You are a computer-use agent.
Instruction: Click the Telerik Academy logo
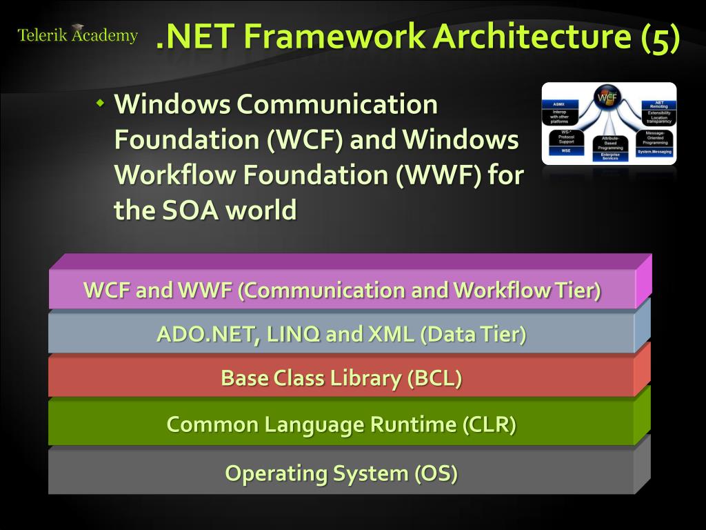point(77,35)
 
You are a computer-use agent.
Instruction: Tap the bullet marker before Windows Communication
point(100,104)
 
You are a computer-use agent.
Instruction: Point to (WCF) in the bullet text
point(305,140)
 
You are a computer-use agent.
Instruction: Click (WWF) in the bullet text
point(438,175)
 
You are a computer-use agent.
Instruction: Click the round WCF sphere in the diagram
point(607,98)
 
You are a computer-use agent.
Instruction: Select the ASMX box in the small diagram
point(559,104)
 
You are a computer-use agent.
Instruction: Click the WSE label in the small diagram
point(565,150)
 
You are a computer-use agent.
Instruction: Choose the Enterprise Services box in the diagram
point(609,157)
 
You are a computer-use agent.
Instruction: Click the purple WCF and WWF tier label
point(342,290)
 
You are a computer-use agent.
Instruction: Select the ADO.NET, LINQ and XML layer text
point(341,335)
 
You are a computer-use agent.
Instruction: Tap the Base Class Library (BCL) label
point(341,378)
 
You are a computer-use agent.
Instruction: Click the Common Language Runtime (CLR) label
point(341,424)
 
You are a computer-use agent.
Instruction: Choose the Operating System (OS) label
point(341,473)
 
